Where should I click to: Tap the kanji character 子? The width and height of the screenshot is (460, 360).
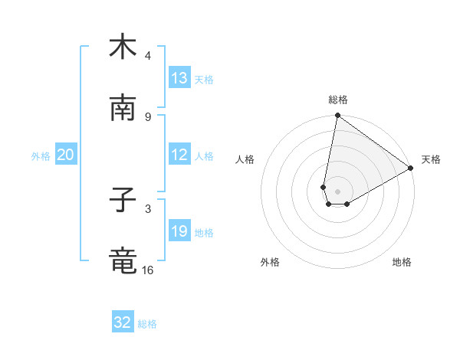point(123,201)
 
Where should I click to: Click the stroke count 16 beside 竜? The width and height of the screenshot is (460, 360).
point(148,270)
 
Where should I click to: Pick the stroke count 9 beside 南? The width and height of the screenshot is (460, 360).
point(148,116)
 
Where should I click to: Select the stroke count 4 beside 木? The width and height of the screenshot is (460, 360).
point(148,56)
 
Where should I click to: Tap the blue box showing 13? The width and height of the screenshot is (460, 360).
point(179,77)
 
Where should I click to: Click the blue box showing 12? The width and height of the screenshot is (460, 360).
point(179,155)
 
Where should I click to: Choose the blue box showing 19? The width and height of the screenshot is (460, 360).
point(179,231)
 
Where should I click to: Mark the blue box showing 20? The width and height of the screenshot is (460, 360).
point(66,155)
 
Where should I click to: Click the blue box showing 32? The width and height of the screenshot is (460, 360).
point(123,322)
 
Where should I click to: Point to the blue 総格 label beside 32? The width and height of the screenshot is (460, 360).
point(147,324)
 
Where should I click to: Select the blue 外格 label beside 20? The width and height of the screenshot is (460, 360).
point(41,156)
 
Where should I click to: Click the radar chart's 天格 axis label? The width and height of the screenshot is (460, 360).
point(431,159)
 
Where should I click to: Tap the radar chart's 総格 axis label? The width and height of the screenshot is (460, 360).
point(338,100)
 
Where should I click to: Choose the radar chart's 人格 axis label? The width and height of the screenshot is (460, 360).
point(245,159)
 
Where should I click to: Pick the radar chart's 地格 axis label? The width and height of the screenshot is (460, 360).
point(402,262)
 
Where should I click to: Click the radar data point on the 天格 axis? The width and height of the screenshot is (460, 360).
point(411,169)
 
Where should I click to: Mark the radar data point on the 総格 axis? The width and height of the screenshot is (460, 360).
point(337,116)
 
